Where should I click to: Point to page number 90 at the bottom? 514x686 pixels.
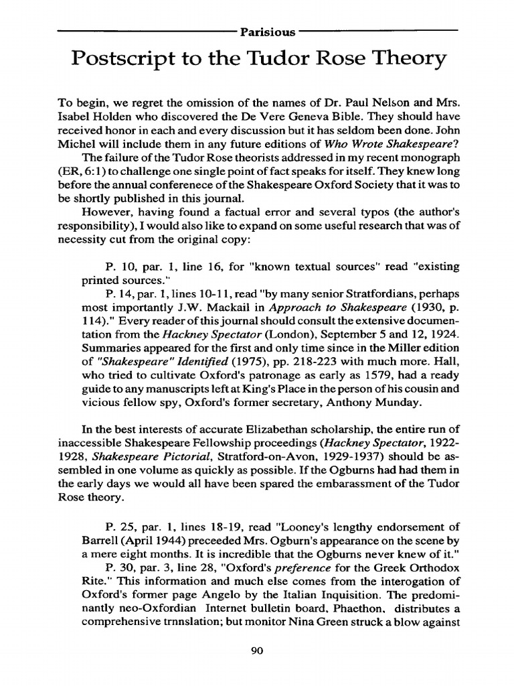click(258, 648)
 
